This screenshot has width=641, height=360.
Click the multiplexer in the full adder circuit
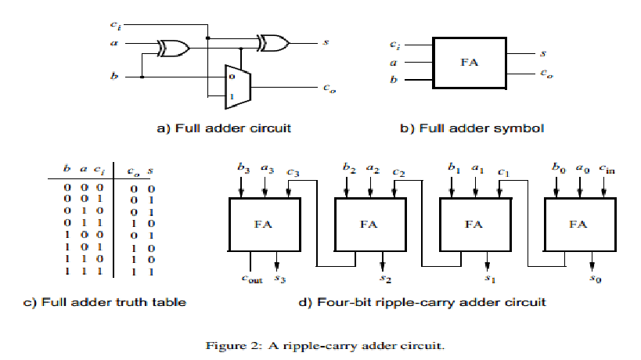(x=237, y=87)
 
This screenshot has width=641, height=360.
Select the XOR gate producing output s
(x=273, y=43)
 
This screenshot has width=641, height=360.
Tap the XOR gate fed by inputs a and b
(x=174, y=49)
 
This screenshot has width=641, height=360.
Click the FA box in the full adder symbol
(x=470, y=63)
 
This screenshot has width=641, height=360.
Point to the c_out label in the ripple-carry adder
(x=252, y=279)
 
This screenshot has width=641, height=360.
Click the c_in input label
(x=607, y=168)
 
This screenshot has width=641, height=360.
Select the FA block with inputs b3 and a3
(x=265, y=225)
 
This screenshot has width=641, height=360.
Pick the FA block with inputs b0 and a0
(x=580, y=225)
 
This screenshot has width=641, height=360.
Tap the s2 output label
(x=385, y=279)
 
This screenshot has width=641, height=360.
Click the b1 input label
(x=454, y=167)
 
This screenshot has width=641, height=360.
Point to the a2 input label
(x=373, y=168)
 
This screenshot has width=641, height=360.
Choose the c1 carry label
(x=503, y=172)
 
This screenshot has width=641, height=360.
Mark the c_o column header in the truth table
(x=133, y=171)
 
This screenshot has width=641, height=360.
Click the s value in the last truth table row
(x=151, y=272)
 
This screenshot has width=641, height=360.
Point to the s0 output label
(x=595, y=279)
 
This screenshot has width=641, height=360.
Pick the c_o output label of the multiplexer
(x=330, y=88)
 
